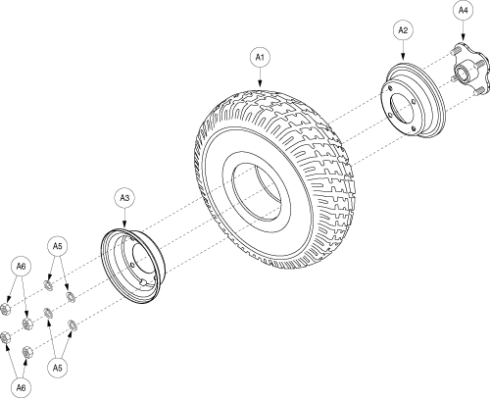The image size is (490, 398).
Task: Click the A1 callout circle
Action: [x=260, y=58]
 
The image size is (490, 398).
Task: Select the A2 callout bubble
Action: [x=403, y=30]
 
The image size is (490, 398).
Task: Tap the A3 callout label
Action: [x=124, y=198]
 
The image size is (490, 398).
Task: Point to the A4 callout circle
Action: [x=463, y=11]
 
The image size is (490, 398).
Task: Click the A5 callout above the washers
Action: [x=57, y=246]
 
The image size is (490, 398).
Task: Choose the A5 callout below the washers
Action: [x=57, y=368]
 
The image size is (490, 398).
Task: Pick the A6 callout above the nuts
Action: [x=21, y=267]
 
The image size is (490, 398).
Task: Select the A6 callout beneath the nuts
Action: [x=21, y=388]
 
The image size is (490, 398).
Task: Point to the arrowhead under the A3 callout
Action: [x=124, y=224]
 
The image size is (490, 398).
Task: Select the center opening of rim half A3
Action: [x=143, y=261]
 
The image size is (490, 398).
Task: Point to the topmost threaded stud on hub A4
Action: [x=455, y=51]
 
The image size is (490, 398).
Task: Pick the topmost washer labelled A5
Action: [x=48, y=285]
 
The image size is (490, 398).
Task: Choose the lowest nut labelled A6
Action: [x=26, y=352]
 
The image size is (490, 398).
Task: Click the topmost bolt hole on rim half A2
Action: [x=390, y=88]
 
